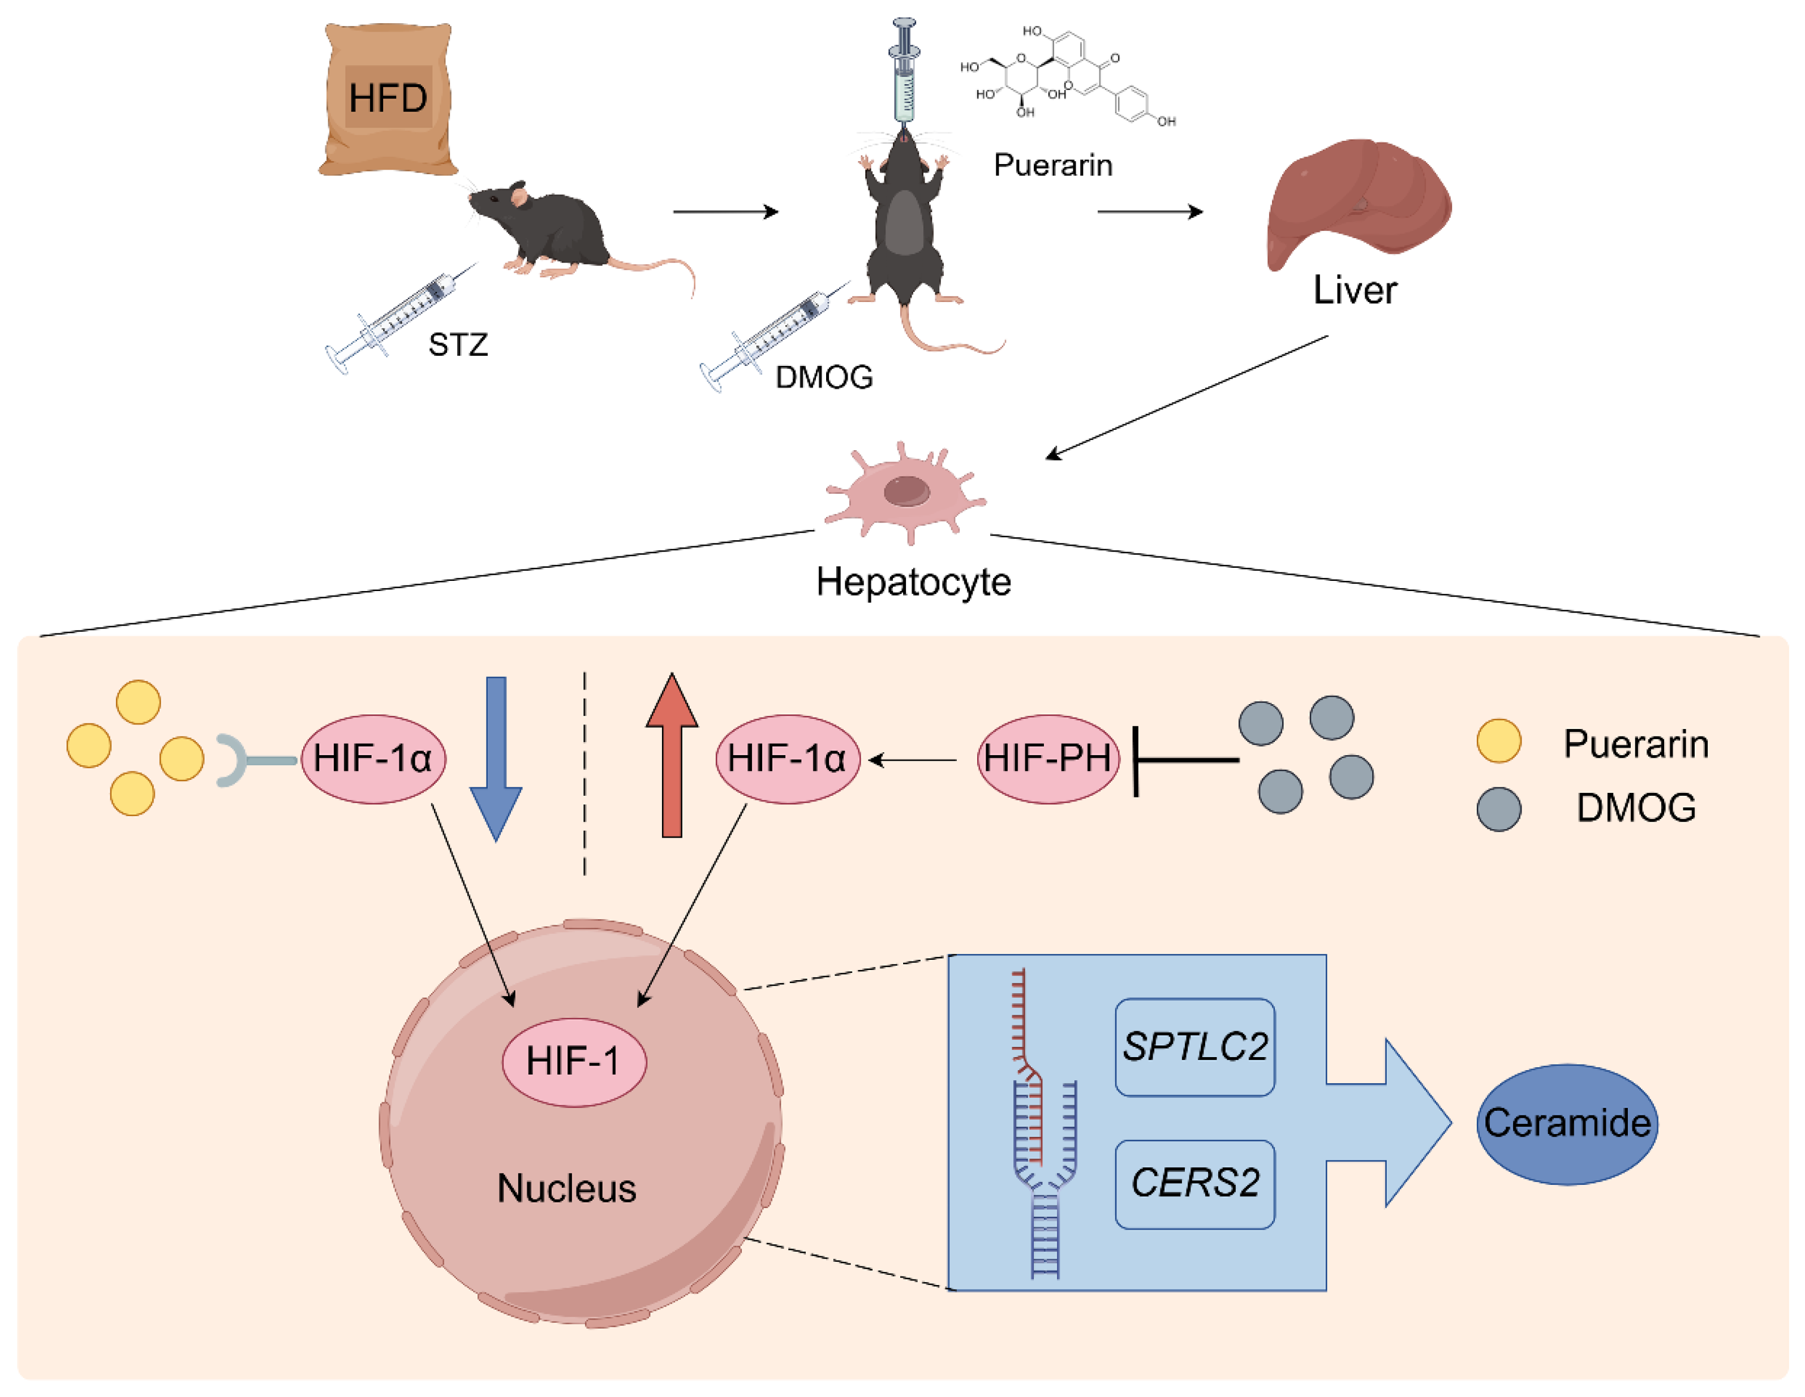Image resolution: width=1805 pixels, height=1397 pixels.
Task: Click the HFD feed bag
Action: point(388,99)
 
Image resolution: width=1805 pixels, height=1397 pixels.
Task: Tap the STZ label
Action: point(458,344)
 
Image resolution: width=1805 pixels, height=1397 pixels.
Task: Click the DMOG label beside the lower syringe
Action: point(823,378)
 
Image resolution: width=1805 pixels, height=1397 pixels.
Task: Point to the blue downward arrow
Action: point(496,756)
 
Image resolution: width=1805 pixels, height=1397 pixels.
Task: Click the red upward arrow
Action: point(672,756)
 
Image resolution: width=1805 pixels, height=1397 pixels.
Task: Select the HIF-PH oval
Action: point(1048,758)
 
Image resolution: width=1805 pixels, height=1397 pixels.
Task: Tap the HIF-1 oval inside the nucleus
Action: point(574,1062)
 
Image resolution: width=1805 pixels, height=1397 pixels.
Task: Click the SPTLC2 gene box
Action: point(1194,1047)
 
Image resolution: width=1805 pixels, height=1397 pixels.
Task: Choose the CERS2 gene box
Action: point(1194,1183)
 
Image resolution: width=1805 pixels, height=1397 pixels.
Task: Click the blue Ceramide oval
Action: point(1566,1124)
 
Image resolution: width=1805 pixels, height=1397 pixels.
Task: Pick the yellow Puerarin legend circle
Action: point(1498,740)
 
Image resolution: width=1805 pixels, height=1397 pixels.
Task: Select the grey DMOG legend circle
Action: point(1498,808)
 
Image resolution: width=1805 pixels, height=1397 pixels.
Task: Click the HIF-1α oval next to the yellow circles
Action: point(373,758)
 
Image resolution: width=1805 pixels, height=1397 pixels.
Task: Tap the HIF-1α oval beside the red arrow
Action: point(787,758)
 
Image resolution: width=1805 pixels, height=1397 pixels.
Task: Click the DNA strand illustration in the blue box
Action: point(1043,1124)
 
